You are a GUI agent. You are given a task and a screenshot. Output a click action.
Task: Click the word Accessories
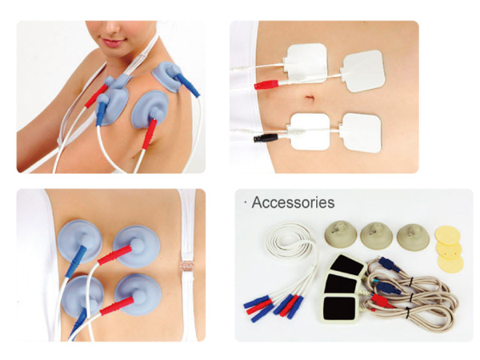pyautogui.click(x=293, y=202)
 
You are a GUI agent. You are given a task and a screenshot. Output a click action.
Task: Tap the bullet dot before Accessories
pyautogui.click(x=246, y=202)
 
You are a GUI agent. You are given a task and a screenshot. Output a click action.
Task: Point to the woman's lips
pyautogui.click(x=113, y=42)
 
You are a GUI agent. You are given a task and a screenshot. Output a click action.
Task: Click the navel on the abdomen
pyautogui.click(x=309, y=98)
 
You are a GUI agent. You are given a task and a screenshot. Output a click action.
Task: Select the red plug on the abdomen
pyautogui.click(x=266, y=84)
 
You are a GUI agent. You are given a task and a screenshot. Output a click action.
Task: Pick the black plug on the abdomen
pyautogui.click(x=266, y=138)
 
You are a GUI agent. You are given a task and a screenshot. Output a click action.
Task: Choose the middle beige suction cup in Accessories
pyautogui.click(x=376, y=236)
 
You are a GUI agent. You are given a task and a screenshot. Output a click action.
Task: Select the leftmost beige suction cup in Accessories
pyautogui.click(x=341, y=235)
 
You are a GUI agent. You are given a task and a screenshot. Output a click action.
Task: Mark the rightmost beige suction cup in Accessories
pyautogui.click(x=413, y=238)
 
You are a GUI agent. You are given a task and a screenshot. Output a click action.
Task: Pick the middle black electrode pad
pyautogui.click(x=340, y=283)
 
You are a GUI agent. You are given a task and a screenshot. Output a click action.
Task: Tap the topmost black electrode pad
pyautogui.click(x=347, y=264)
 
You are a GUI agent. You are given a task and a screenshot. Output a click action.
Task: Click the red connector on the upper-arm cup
pyautogui.click(x=149, y=134)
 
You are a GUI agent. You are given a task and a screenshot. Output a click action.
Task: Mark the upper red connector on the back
pyautogui.click(x=114, y=254)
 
